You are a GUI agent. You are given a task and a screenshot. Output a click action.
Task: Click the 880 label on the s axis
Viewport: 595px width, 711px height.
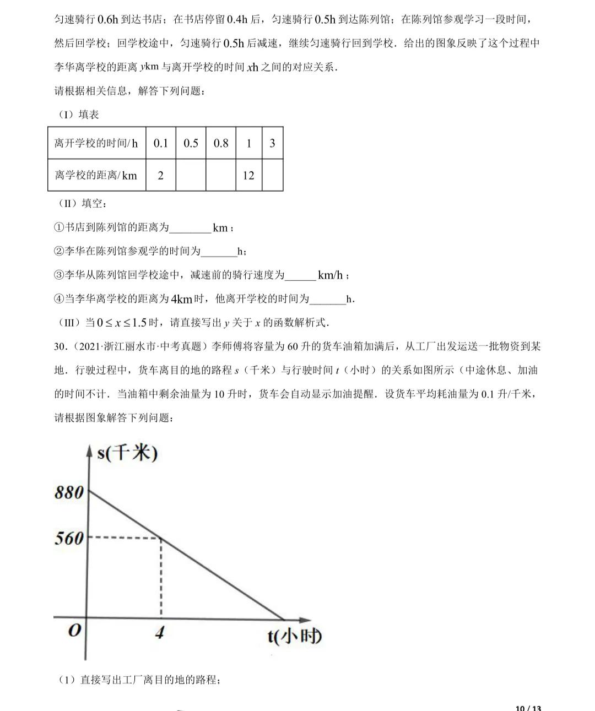click(x=69, y=492)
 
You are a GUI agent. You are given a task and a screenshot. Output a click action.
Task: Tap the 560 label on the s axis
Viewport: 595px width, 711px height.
click(x=69, y=538)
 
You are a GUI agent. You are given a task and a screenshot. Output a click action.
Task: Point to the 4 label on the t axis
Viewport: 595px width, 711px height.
click(x=159, y=632)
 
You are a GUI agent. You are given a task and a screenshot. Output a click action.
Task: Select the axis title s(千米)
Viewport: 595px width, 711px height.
click(x=127, y=453)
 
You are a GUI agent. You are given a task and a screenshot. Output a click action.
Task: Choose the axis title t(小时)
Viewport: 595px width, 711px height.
click(x=295, y=636)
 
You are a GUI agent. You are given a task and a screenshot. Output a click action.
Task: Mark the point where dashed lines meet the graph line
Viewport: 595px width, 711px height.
click(x=161, y=538)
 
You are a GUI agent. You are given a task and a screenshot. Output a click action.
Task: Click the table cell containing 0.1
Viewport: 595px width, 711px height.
click(x=161, y=143)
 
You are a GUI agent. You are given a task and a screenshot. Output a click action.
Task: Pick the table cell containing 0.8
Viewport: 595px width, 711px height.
click(x=221, y=143)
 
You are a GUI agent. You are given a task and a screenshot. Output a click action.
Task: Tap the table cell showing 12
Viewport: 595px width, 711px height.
click(x=248, y=175)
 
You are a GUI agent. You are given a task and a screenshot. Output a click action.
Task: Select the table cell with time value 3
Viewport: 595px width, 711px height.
click(x=272, y=143)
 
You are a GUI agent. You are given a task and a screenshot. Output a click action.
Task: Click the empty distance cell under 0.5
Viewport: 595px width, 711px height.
click(x=191, y=175)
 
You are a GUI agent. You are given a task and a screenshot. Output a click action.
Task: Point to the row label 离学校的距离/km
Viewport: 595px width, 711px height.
click(x=96, y=175)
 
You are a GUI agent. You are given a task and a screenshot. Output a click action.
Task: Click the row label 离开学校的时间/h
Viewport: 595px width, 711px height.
click(x=96, y=143)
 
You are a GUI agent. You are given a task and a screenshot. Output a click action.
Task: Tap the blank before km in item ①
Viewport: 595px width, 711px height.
click(x=190, y=228)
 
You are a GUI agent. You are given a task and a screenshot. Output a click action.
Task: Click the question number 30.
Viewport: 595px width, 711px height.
click(x=61, y=346)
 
